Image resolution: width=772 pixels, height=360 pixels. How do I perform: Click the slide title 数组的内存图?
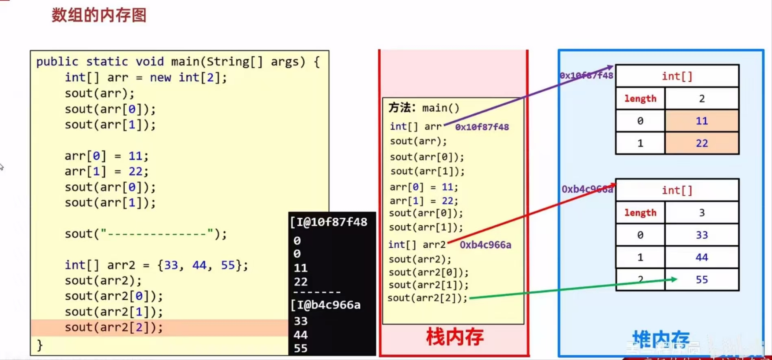(99, 15)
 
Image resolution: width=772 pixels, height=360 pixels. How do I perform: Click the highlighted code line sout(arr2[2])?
(113, 327)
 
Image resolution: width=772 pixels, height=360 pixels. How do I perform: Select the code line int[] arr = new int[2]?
(146, 77)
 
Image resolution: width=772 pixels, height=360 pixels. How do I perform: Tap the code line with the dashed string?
(145, 234)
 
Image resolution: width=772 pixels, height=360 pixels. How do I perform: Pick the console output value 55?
(301, 349)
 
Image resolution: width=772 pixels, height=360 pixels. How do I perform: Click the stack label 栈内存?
(455, 337)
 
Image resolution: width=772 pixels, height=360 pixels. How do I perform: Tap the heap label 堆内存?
(661, 339)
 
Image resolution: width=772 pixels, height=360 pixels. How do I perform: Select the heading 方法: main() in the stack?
(424, 108)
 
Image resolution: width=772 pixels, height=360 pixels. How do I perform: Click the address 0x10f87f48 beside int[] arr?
(482, 127)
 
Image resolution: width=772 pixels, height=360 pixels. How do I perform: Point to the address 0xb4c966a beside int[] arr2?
(485, 245)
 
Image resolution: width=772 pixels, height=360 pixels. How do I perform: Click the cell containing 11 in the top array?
(702, 121)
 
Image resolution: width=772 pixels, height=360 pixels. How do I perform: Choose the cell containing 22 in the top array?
(702, 143)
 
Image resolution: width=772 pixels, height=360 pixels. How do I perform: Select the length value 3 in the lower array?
(702, 213)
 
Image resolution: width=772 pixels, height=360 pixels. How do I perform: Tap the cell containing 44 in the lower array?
(702, 257)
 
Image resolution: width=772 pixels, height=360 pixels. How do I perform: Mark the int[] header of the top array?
(677, 76)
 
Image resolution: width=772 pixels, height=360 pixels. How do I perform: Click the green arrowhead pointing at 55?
(674, 279)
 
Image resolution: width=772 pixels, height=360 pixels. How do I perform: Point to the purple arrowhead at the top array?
(610, 67)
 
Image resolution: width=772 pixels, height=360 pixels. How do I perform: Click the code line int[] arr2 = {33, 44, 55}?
(156, 265)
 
